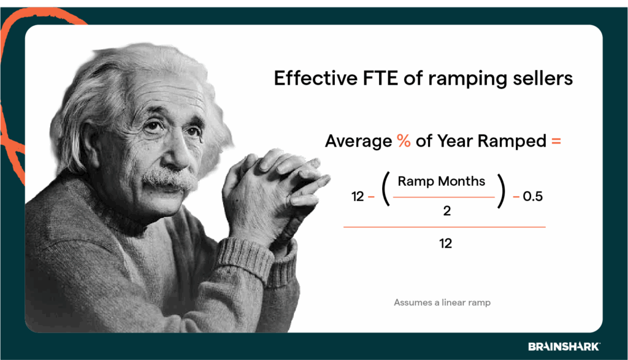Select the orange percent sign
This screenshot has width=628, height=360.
point(403,141)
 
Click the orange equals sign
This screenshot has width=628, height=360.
point(556,141)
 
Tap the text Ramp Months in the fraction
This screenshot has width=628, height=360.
point(442,181)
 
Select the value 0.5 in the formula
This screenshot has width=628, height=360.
point(532,197)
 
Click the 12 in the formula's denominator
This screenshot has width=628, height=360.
point(445,243)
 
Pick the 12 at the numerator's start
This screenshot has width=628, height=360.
point(358,197)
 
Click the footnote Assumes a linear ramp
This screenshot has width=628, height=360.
point(442,302)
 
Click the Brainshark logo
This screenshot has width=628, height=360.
point(564,347)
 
